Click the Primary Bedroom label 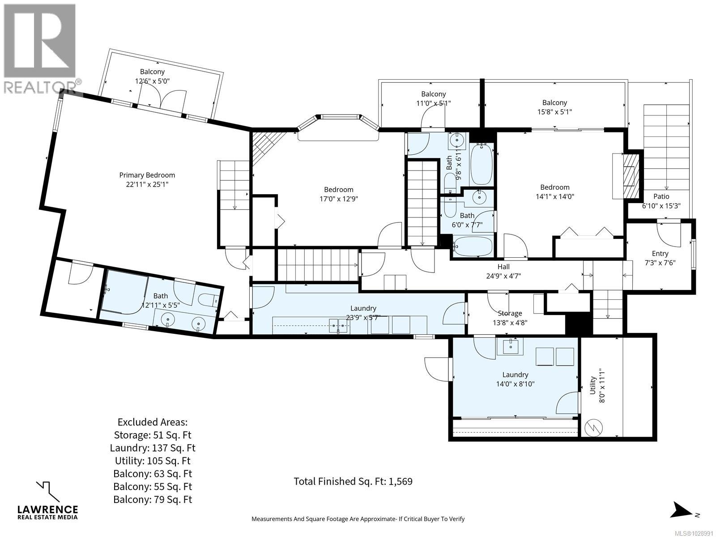147,175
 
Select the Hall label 503,267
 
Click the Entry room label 660,253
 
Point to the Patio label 661,196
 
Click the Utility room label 592,385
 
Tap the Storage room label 510,313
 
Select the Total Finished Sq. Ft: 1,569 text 353,482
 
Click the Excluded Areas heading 152,422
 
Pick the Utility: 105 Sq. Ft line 152,460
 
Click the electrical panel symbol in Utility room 595,428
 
